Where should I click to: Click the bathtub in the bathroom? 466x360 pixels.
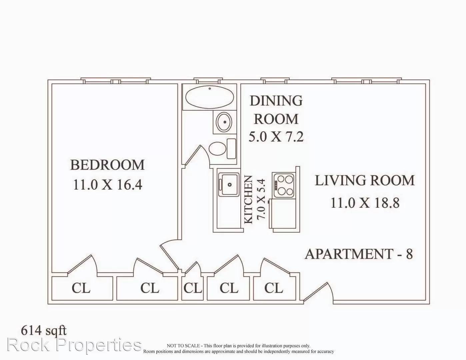click(x=210, y=97)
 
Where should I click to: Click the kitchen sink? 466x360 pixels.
click(x=229, y=184)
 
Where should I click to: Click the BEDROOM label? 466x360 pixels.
click(x=107, y=165)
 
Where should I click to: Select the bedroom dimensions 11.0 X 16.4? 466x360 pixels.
click(x=107, y=184)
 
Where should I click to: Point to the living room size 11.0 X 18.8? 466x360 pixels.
click(x=365, y=203)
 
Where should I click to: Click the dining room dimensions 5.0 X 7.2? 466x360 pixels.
click(x=276, y=136)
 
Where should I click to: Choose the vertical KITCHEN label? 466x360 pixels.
click(x=249, y=200)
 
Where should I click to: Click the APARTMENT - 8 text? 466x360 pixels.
click(x=359, y=254)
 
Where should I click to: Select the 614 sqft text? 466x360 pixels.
click(x=44, y=330)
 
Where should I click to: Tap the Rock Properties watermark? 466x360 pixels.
click(x=74, y=345)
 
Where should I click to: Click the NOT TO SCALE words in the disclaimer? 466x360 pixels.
click(x=183, y=346)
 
